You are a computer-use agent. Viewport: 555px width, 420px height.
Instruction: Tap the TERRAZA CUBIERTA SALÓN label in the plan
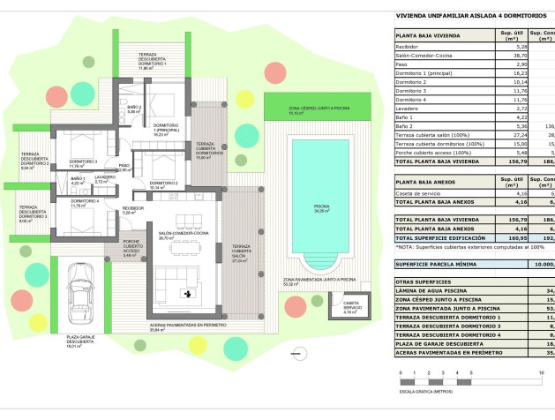click(x=240, y=251)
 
